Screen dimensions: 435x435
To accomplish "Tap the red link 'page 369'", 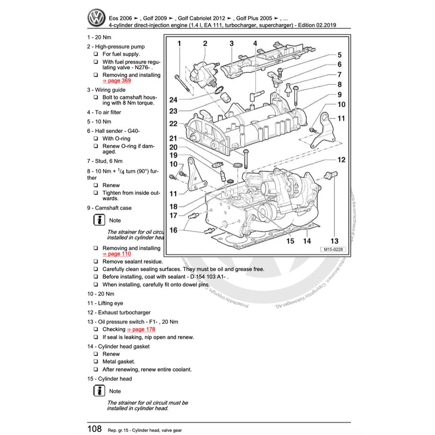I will [x=117, y=81].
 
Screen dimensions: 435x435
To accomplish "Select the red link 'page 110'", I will [x=117, y=254].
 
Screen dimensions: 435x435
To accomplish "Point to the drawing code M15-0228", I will [x=332, y=249].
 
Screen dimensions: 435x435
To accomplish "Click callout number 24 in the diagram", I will [x=174, y=100].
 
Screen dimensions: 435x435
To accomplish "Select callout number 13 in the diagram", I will [x=334, y=241].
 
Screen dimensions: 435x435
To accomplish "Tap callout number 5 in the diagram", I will [x=340, y=55].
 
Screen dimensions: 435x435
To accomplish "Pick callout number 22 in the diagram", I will [x=174, y=124].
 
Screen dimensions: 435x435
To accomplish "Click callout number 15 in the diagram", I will [x=289, y=241].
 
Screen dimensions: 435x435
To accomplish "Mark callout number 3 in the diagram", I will [x=231, y=44].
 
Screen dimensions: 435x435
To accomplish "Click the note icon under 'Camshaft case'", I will [x=99, y=220].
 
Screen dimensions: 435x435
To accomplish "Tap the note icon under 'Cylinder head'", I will [x=99, y=391].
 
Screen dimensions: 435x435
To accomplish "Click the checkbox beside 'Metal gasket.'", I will [x=95, y=362].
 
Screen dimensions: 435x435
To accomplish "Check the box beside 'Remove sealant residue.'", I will [x=95, y=261].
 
